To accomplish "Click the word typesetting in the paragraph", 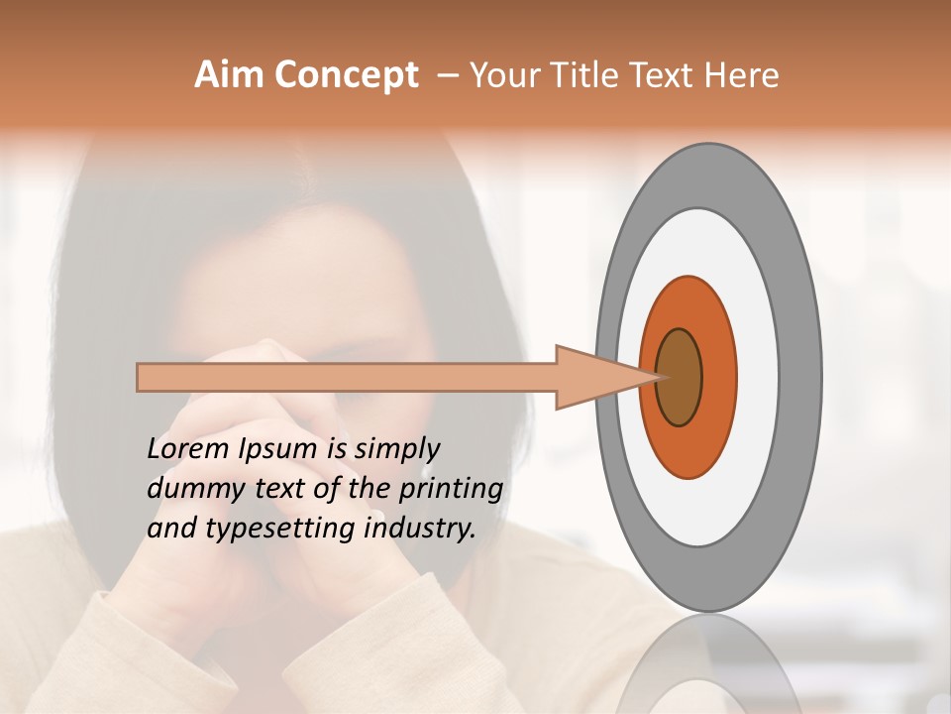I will click(271, 530).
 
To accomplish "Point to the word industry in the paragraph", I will click(420, 529).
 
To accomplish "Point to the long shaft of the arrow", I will click(347, 377).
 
